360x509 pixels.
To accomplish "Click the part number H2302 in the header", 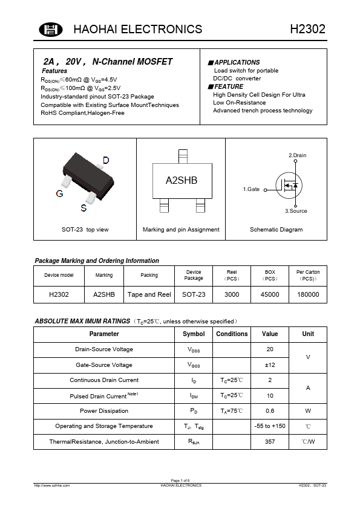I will (308, 30).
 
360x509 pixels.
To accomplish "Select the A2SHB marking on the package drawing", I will (182, 181).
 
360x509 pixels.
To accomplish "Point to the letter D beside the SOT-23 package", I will (105, 160).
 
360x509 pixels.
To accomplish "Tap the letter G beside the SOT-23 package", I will (59, 194).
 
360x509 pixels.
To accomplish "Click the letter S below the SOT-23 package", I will (83, 209).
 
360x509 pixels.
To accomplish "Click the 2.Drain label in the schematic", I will (297, 155).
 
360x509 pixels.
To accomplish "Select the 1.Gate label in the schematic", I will (251, 189).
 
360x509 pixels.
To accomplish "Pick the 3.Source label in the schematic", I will (296, 211).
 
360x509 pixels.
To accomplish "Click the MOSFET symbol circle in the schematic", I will (289, 185).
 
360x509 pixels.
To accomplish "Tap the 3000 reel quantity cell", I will (232, 294).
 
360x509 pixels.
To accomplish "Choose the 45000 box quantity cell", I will (270, 294).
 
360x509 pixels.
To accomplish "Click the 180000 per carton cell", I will (308, 294).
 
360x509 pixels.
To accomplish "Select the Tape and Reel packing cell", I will (149, 294).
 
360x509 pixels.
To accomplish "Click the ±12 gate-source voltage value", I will (270, 365).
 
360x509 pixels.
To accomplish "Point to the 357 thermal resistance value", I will (270, 442).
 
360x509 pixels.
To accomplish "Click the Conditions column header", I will (232, 334).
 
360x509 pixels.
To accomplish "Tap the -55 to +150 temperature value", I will (270, 426).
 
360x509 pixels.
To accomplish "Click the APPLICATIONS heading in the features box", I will (237, 62).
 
